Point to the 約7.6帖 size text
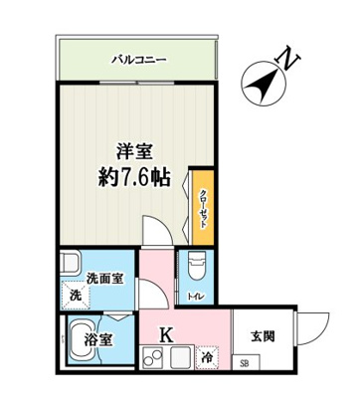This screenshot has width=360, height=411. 135,179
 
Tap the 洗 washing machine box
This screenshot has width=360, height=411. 76,296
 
